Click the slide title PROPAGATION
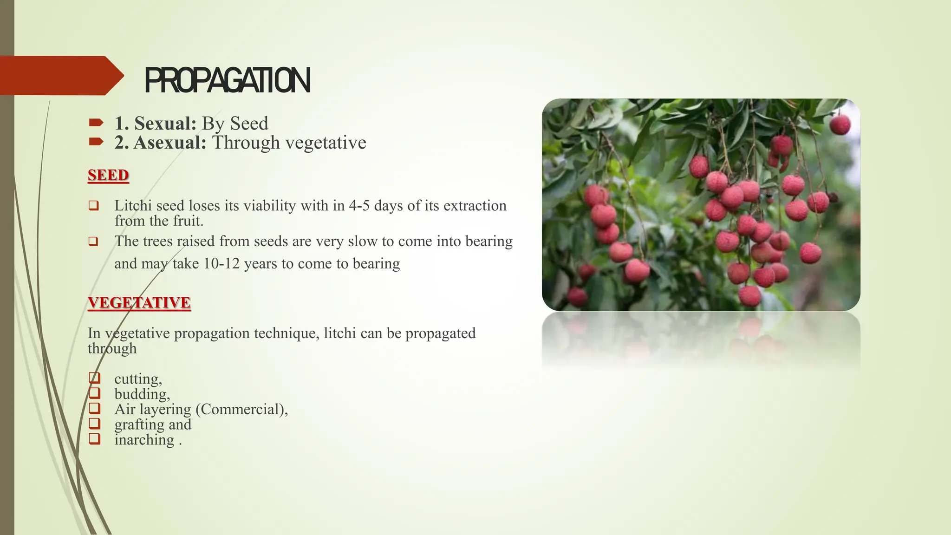(227, 80)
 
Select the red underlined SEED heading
(108, 175)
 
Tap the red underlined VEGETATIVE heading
(139, 302)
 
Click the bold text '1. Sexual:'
(156, 124)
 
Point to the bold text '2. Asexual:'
(160, 143)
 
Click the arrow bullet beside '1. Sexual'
(96, 123)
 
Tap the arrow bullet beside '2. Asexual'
(96, 141)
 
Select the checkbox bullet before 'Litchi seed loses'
(94, 205)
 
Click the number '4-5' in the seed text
(359, 205)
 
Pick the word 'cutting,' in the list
(138, 379)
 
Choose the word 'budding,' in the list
(142, 394)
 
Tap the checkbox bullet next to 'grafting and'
(94, 424)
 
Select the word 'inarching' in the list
(144, 440)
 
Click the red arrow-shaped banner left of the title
(60, 75)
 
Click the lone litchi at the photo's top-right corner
(840, 124)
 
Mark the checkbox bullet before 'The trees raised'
(94, 241)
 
